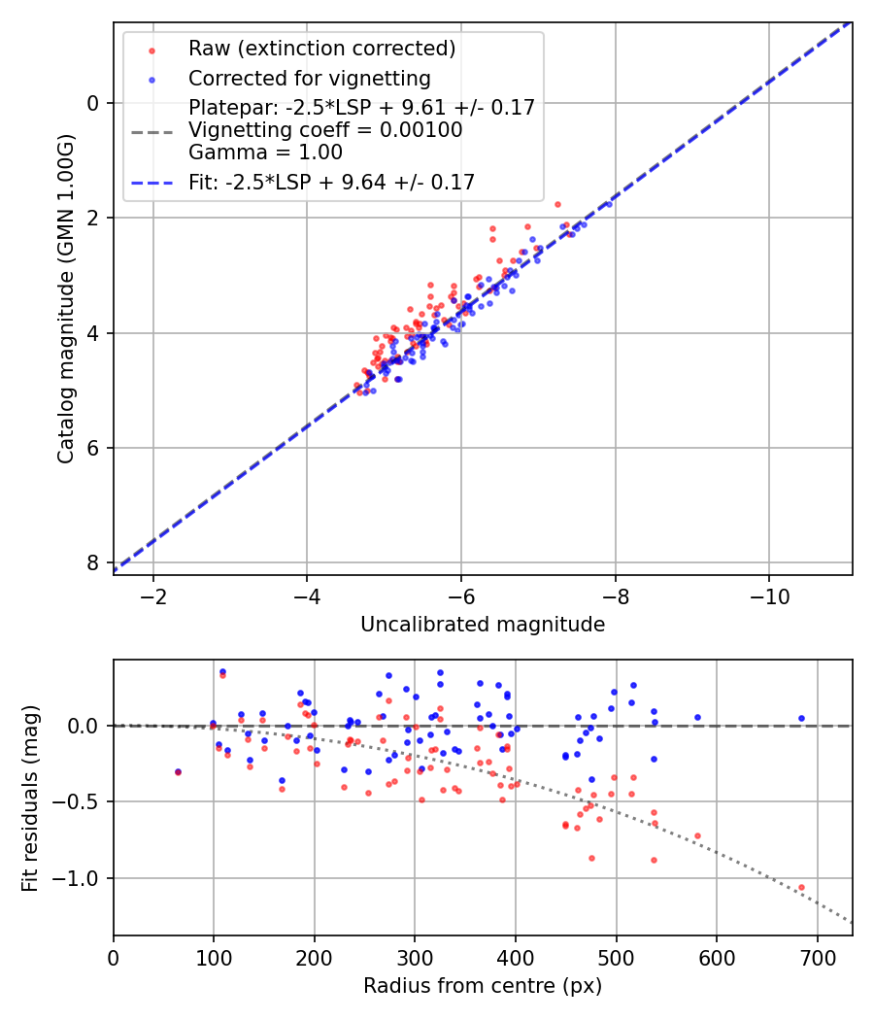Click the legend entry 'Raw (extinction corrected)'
point(321,49)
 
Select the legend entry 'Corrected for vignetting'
point(310,78)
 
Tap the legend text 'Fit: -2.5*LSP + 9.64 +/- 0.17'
point(331,182)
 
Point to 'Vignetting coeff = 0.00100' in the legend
point(325,130)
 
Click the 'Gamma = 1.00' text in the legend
point(265,152)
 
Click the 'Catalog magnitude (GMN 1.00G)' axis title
point(65,298)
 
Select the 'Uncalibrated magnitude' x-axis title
point(483,625)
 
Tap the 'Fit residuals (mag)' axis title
point(30,798)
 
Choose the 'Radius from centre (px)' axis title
point(483,986)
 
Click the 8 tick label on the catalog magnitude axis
point(92,563)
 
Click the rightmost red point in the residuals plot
point(801,887)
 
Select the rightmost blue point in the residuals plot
point(801,719)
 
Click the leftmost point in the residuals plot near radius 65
point(178,771)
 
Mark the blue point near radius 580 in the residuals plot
point(697,718)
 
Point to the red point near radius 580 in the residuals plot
point(697,835)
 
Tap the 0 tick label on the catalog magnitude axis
point(92,103)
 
